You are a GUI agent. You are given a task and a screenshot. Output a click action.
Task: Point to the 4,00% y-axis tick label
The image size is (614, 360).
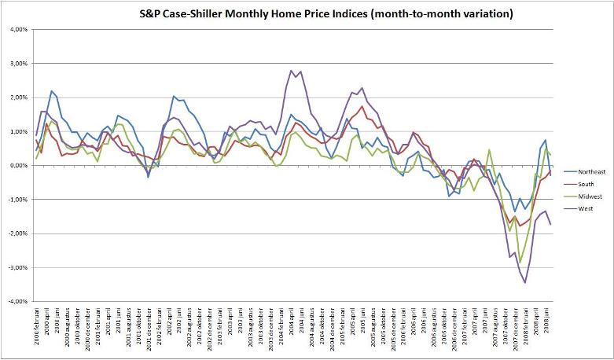point(17,30)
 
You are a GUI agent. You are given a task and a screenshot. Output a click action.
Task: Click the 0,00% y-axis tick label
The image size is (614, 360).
point(17,166)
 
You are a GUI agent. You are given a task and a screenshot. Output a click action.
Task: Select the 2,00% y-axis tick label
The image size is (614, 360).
point(17,98)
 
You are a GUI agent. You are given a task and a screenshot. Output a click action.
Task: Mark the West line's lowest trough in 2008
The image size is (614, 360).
point(524,282)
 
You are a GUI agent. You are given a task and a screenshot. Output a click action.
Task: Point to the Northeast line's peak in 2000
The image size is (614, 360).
point(52,91)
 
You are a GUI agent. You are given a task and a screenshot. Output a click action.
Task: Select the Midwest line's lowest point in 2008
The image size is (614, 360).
point(519,263)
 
